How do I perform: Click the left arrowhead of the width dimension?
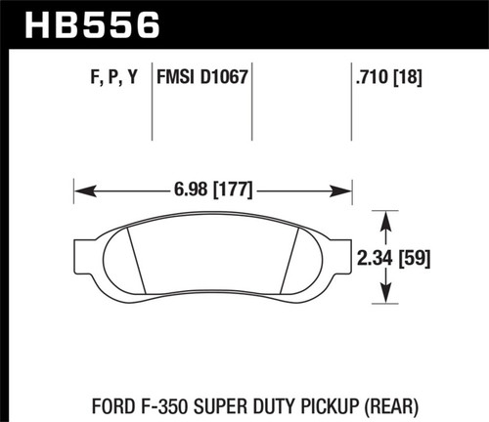[x=82, y=185]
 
